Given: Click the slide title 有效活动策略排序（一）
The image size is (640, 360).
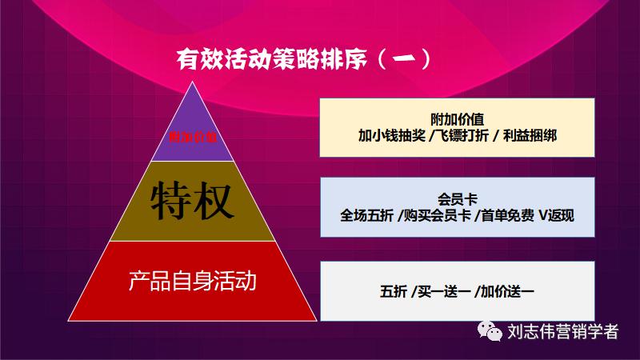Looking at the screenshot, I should (x=304, y=59).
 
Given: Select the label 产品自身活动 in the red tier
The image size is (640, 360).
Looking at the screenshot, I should (x=192, y=282).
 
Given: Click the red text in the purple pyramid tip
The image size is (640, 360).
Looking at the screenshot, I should (x=193, y=137).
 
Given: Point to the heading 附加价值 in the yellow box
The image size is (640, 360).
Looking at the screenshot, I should (x=457, y=119).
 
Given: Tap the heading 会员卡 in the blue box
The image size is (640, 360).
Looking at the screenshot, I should (x=457, y=198).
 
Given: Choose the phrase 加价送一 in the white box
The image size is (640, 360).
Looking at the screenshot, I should (x=507, y=292).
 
